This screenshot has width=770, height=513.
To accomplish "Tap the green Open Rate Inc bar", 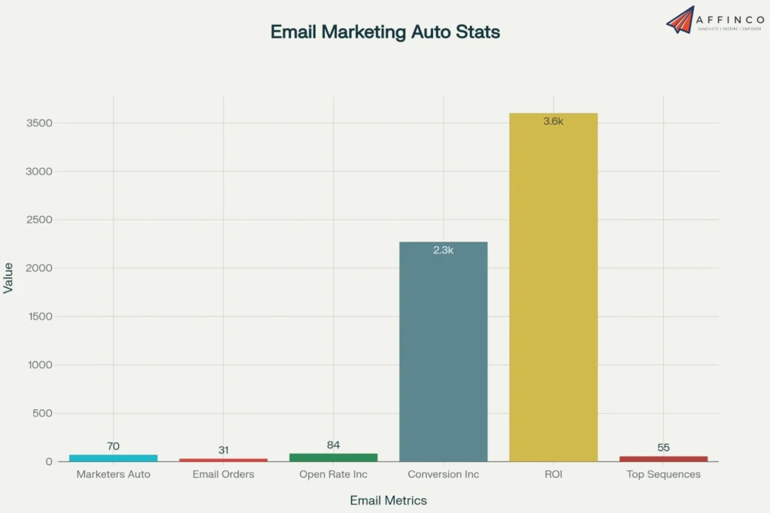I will click(333, 457).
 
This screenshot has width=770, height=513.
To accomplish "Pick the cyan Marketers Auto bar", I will click(113, 457).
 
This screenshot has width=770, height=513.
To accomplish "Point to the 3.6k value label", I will click(553, 121).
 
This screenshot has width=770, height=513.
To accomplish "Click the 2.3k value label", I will click(444, 250).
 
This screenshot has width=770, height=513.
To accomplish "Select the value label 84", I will click(333, 445).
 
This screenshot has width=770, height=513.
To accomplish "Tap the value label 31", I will click(223, 450).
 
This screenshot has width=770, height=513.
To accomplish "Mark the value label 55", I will click(663, 448).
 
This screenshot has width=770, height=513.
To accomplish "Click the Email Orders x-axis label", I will click(223, 475).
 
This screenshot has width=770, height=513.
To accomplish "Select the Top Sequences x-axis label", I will click(663, 475).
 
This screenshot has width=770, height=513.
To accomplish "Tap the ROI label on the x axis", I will click(553, 475).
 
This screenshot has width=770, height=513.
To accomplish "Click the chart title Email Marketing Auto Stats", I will click(385, 32).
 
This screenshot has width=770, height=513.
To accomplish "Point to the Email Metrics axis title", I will click(388, 500).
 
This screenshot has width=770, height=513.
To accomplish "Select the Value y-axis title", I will click(8, 278).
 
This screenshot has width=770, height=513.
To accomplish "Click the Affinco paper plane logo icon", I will click(680, 20).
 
